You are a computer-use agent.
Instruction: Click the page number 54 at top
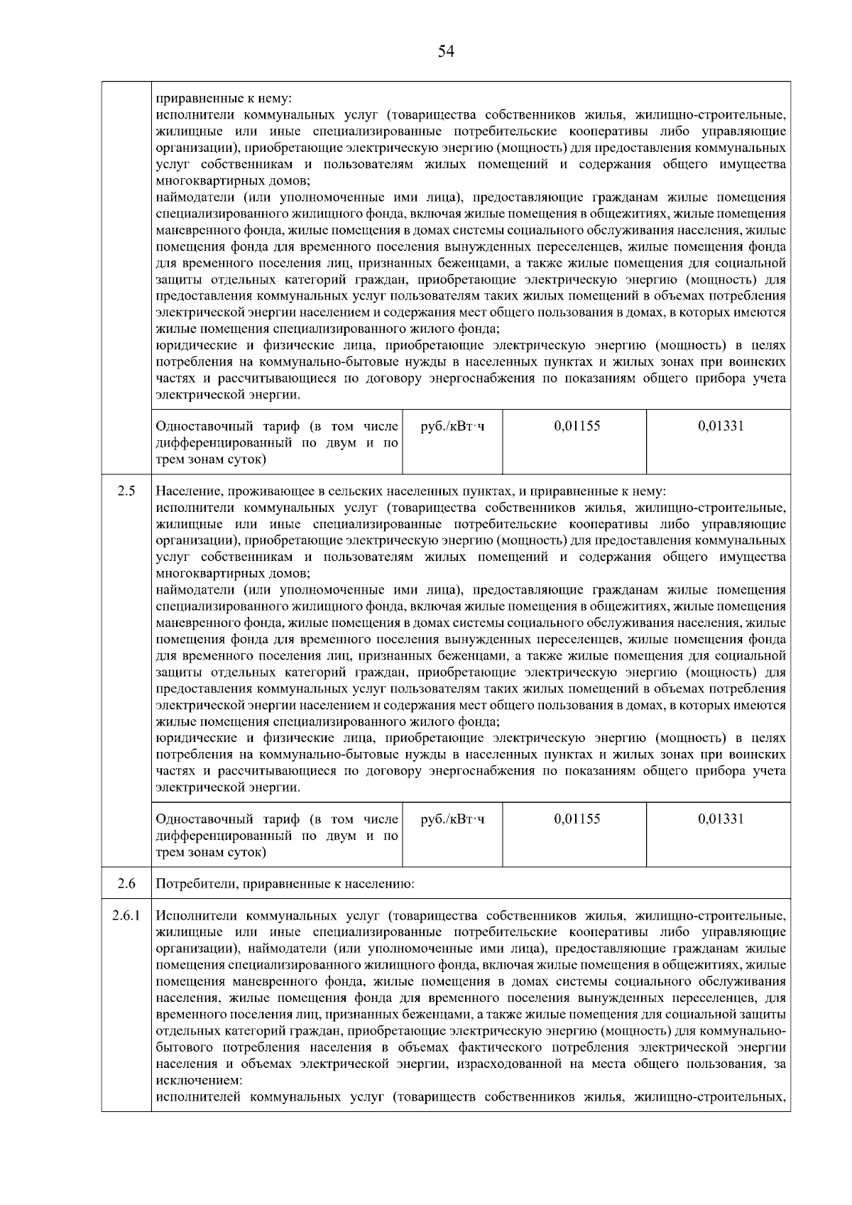click(x=446, y=51)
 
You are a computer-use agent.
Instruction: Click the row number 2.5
click(x=126, y=491)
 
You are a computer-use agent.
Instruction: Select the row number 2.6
click(x=126, y=884)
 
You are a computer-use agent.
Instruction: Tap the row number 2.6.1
click(x=126, y=916)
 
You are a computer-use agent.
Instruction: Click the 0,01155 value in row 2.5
click(x=577, y=819)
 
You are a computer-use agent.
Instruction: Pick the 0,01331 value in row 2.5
click(x=721, y=819)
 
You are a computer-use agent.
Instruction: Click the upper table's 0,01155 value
click(x=577, y=427)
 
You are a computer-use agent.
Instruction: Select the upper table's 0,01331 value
click(x=721, y=427)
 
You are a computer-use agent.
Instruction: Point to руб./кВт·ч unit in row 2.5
click(x=453, y=819)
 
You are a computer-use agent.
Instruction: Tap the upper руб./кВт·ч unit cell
click(x=453, y=427)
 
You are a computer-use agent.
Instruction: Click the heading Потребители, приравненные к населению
click(x=285, y=884)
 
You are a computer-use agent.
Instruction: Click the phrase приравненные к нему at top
click(x=224, y=99)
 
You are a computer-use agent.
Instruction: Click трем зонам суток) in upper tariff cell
click(x=211, y=460)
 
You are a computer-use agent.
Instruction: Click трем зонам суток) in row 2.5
click(x=211, y=852)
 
